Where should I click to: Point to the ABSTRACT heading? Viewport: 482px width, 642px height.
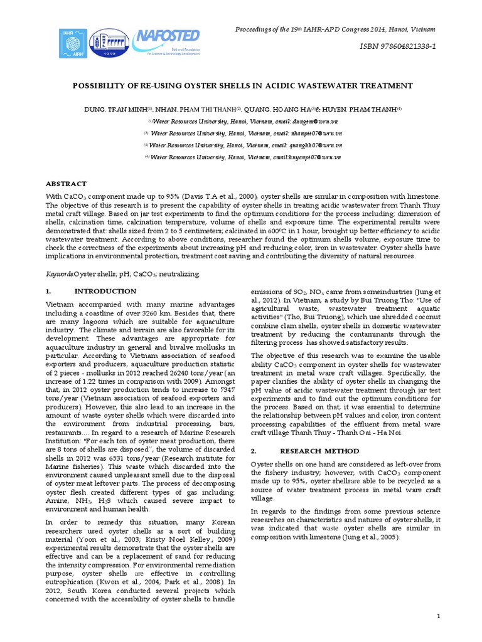coord(67,184)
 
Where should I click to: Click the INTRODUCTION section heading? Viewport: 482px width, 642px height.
coord(105,291)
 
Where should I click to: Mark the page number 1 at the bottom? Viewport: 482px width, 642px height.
coord(439,618)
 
